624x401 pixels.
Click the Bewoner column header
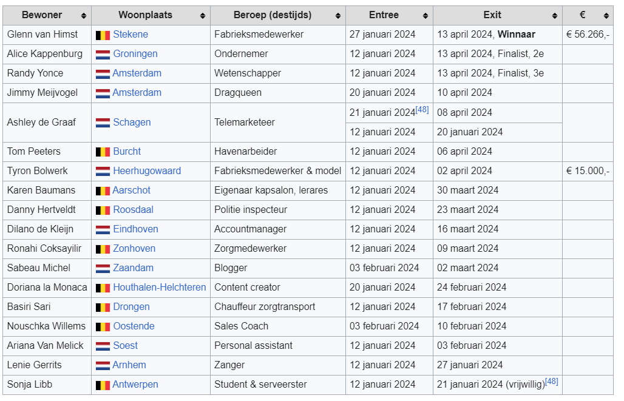(x=42, y=15)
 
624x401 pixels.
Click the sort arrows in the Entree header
(x=426, y=16)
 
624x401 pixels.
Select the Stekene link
(x=131, y=35)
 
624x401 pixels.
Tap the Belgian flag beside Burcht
(x=103, y=152)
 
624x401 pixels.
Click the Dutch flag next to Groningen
(x=103, y=54)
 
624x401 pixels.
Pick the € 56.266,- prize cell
(x=588, y=35)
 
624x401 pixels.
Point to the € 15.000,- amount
(x=588, y=170)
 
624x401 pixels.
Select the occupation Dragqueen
(x=238, y=93)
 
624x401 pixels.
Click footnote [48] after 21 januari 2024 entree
(x=422, y=110)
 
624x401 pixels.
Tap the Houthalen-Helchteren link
(x=160, y=287)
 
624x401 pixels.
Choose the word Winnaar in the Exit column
(x=517, y=35)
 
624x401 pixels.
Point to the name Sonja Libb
(x=30, y=384)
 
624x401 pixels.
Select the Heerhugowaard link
(x=147, y=170)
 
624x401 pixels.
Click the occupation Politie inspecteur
(x=251, y=209)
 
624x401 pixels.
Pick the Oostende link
(x=134, y=326)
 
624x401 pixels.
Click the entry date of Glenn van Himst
(x=382, y=35)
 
